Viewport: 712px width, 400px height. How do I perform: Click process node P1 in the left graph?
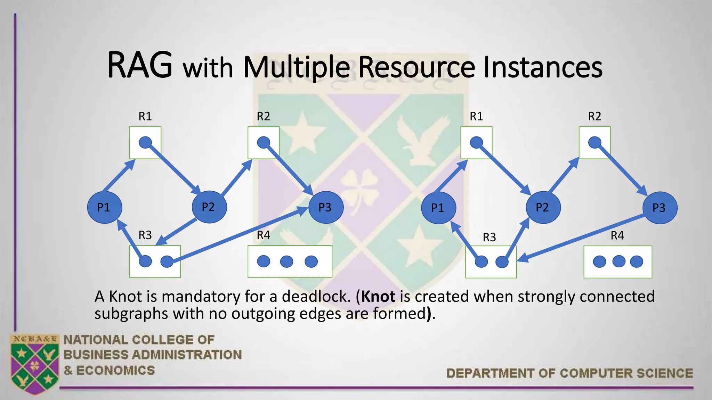(104, 207)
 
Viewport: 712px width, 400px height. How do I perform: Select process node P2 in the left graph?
(209, 207)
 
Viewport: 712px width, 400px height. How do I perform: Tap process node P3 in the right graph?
(660, 208)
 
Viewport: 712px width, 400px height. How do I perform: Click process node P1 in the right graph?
(438, 208)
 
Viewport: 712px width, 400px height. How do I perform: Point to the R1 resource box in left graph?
(145, 143)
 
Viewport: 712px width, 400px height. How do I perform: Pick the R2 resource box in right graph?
(594, 143)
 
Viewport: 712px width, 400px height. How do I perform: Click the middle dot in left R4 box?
(286, 261)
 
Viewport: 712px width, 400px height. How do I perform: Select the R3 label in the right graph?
(489, 237)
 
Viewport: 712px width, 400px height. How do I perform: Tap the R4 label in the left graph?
(263, 235)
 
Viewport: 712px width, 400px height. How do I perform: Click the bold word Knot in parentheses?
(378, 297)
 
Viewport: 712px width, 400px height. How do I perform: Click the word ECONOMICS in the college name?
(115, 370)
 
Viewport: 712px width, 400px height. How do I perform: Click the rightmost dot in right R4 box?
(636, 261)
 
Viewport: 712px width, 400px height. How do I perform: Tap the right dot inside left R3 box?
(167, 261)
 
